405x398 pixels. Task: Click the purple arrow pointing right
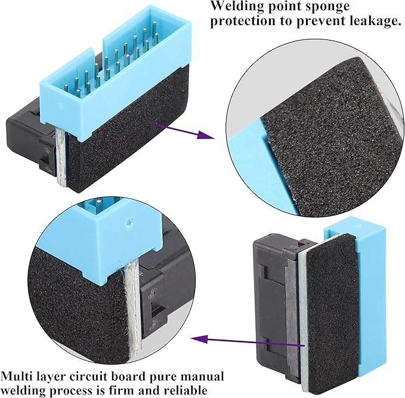185,131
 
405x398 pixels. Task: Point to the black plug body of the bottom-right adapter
274,305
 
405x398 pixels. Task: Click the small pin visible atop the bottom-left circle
99,203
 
